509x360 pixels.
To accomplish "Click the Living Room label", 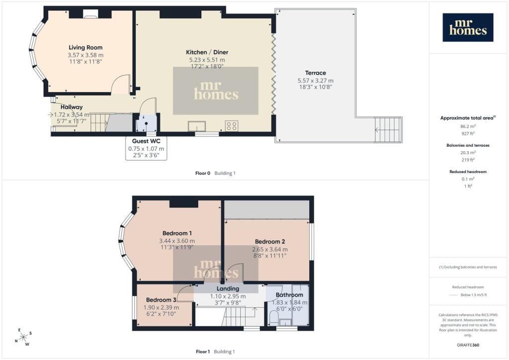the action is pyautogui.click(x=85, y=47).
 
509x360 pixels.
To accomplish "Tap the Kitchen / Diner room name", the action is pyautogui.click(x=207, y=52).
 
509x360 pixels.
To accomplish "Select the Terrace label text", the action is pyautogui.click(x=316, y=73).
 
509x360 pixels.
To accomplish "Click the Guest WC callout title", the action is pyautogui.click(x=146, y=141).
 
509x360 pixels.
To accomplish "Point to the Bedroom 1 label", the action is pyautogui.click(x=177, y=233).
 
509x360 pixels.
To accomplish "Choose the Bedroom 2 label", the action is pyautogui.click(x=270, y=242).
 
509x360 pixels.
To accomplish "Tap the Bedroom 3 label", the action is pyautogui.click(x=161, y=300).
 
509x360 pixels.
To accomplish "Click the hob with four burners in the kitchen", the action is pyautogui.click(x=232, y=126).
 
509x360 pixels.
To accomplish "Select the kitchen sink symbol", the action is pyautogui.click(x=197, y=126).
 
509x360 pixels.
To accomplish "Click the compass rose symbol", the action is pyautogui.click(x=23, y=338).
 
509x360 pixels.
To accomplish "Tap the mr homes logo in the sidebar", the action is pyautogui.click(x=468, y=27).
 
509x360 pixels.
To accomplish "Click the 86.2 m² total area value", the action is pyautogui.click(x=468, y=126).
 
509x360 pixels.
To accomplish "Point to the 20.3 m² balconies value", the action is pyautogui.click(x=468, y=153).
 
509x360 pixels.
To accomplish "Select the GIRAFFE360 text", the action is pyautogui.click(x=468, y=345).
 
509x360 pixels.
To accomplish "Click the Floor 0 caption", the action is pyautogui.click(x=203, y=174).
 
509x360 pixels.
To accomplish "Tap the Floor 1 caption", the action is pyautogui.click(x=203, y=352).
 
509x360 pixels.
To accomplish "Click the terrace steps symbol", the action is pyautogui.click(x=388, y=130).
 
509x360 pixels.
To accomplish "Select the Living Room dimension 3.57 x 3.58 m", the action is pyautogui.click(x=85, y=55).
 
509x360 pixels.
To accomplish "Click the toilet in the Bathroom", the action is pyautogui.click(x=273, y=318).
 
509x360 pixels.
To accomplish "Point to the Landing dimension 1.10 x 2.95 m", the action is pyautogui.click(x=228, y=296).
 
